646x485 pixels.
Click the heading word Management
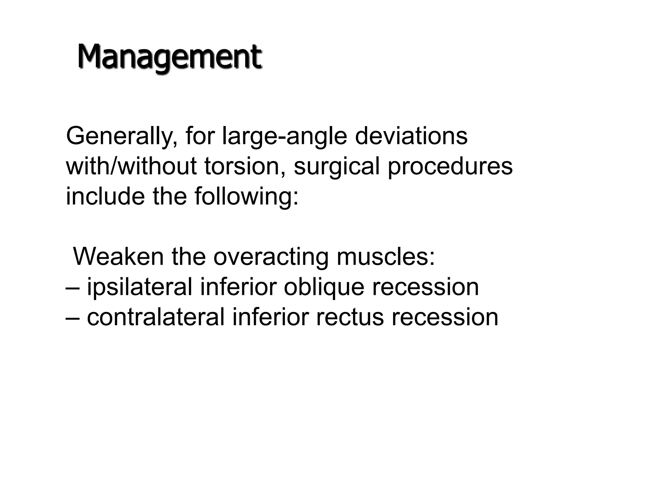point(169,57)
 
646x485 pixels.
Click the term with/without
point(131,166)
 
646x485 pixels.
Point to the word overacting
point(271,257)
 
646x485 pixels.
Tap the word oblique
point(324,287)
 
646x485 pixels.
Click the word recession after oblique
point(426,288)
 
